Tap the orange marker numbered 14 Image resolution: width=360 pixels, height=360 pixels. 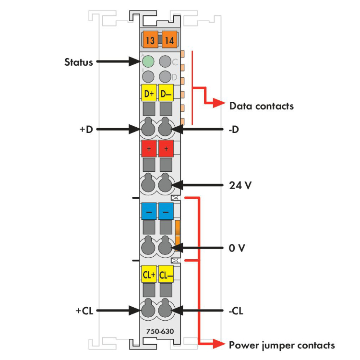(x=169, y=41)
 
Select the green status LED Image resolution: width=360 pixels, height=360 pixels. (x=148, y=61)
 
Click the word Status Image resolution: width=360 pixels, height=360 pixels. (x=79, y=62)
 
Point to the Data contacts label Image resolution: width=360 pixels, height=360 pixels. (x=261, y=106)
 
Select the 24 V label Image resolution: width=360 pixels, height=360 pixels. (x=240, y=184)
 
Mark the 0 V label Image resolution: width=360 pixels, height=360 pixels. (x=237, y=248)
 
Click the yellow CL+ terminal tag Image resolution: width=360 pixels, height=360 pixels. (x=149, y=275)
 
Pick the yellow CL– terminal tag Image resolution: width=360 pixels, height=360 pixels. (x=166, y=275)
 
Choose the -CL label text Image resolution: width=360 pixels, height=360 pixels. (x=236, y=311)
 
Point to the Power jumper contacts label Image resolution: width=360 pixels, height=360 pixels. (x=282, y=345)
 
